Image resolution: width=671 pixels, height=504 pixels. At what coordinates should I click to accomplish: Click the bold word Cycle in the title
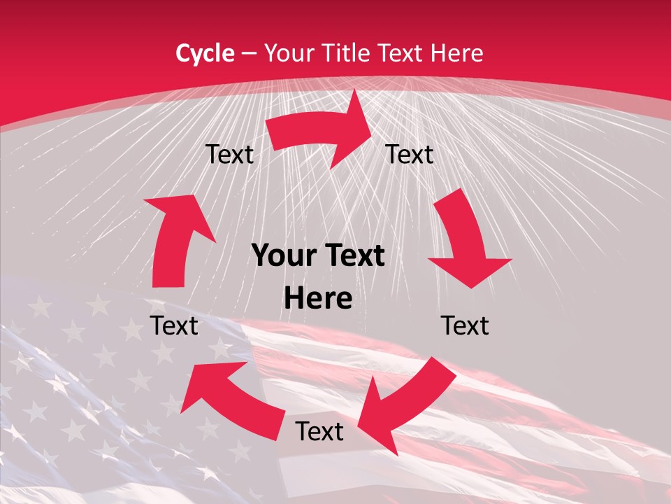(x=205, y=52)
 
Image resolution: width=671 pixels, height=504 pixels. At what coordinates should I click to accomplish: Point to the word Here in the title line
(x=457, y=52)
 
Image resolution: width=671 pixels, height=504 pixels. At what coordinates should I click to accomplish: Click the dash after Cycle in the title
(x=249, y=53)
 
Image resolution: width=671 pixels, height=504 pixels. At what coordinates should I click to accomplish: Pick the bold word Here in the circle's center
(x=318, y=299)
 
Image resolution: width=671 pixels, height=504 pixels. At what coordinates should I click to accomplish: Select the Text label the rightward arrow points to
(x=410, y=154)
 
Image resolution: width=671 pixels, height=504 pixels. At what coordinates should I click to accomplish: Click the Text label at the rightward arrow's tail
(x=229, y=154)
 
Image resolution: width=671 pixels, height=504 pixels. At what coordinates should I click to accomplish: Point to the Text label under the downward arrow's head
(x=465, y=325)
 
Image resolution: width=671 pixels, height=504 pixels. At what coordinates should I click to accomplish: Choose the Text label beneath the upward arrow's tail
(x=174, y=325)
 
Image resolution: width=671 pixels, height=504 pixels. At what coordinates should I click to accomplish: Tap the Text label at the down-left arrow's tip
(x=319, y=431)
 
